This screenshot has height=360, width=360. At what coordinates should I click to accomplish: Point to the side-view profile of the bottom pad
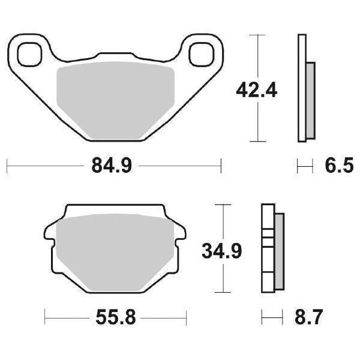272,248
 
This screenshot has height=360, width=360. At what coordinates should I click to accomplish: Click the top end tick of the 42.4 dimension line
257,35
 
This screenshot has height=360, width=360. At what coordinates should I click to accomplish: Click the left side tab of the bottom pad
50,240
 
